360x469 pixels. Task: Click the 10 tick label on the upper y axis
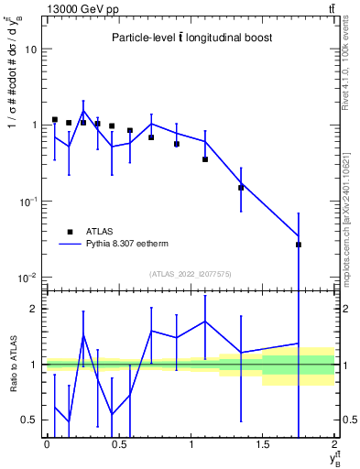point(30,49)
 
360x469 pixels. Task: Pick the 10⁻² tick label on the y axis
point(27,277)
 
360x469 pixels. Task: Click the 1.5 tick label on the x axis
point(262,445)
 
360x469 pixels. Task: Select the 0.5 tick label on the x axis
point(118,445)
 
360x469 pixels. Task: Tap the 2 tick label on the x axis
point(334,445)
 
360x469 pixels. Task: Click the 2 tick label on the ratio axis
point(34,309)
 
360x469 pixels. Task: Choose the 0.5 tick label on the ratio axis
point(30,420)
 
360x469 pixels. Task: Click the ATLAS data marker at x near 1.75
point(299,245)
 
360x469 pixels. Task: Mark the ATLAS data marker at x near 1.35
point(241,188)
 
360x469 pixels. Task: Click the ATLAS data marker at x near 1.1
point(205,159)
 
